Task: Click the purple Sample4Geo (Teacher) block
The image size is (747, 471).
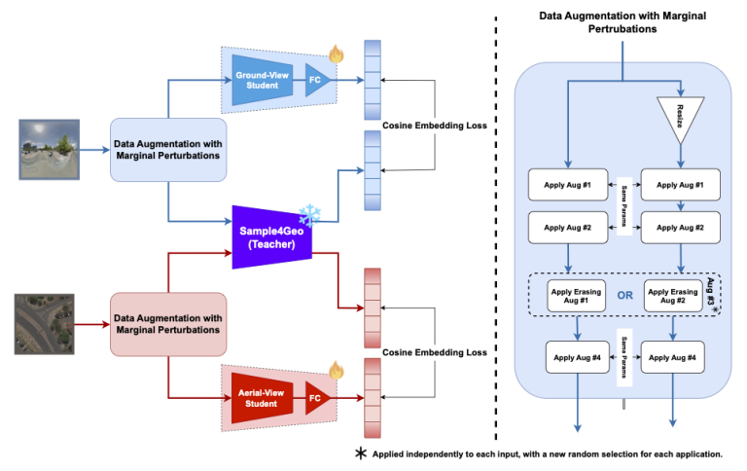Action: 270,238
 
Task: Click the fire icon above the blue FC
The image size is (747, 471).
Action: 337,53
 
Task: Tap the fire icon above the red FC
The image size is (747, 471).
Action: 337,370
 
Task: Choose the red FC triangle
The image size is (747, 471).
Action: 317,398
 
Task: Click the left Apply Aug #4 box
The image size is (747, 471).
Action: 579,357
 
